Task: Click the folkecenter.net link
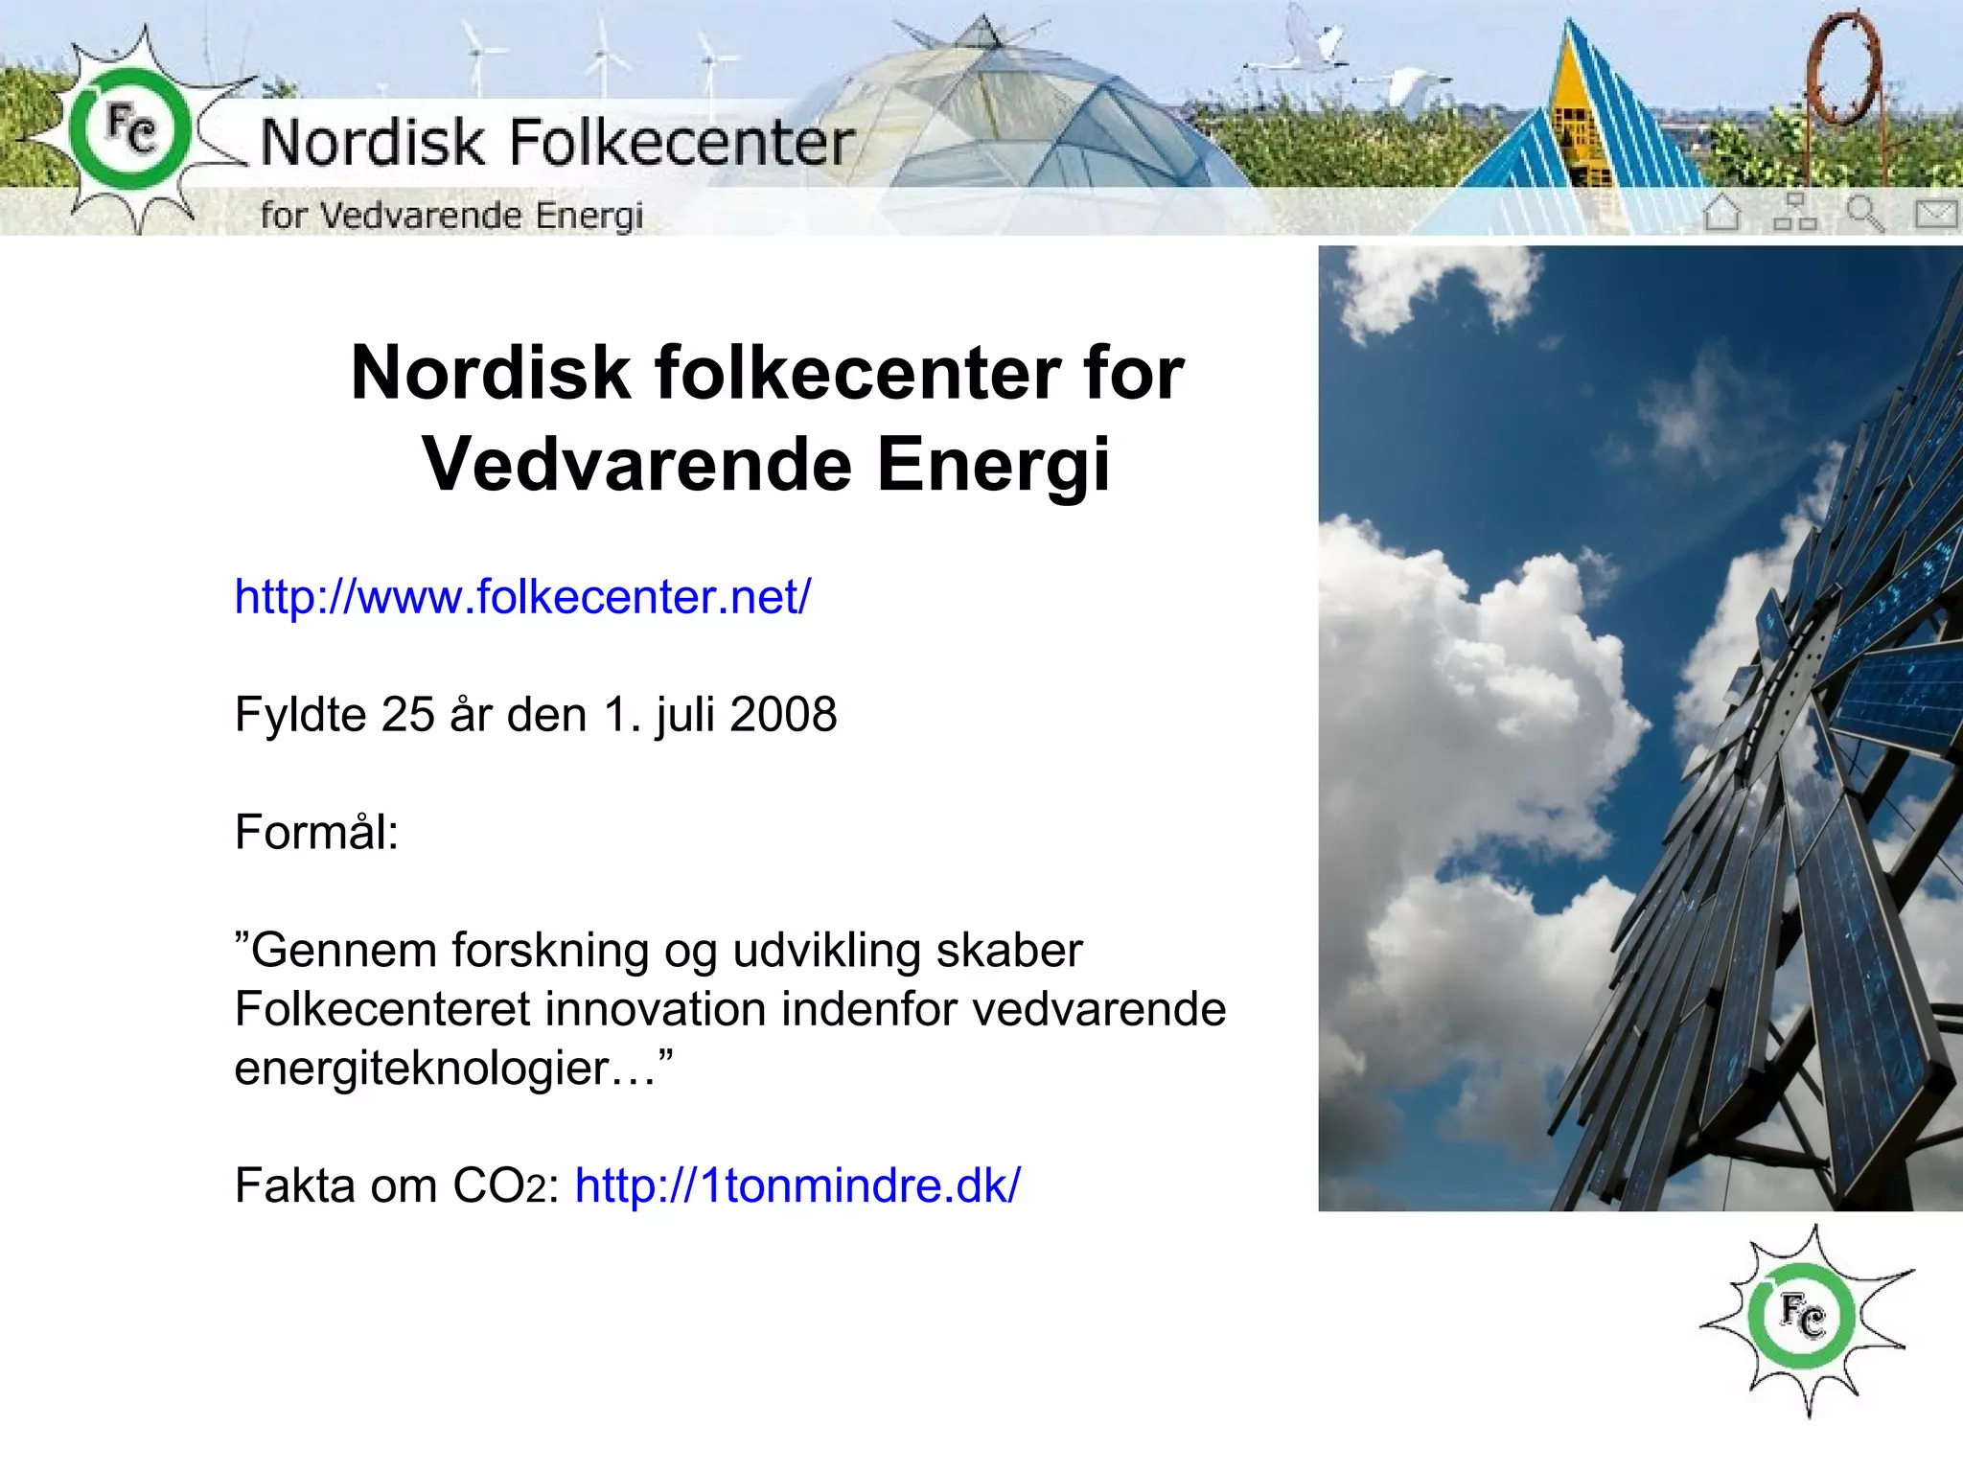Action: coord(522,597)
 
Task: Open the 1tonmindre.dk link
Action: coord(797,1185)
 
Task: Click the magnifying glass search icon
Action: coord(1864,213)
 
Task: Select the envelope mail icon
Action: coord(1935,213)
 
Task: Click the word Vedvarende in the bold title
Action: coord(637,465)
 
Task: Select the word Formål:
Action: coord(316,832)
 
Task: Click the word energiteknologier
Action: coord(422,1069)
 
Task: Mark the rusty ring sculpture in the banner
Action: coord(1842,67)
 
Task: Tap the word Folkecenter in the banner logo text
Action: coord(681,144)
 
